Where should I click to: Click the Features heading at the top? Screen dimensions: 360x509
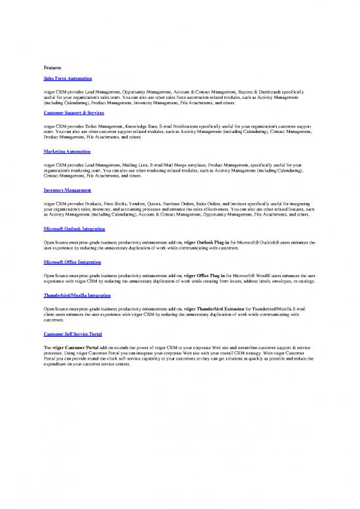(x=52, y=67)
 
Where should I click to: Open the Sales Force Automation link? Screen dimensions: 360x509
(x=67, y=79)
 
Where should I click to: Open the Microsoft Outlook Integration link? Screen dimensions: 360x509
(x=74, y=229)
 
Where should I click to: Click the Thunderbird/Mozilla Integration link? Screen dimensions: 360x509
(x=76, y=295)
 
